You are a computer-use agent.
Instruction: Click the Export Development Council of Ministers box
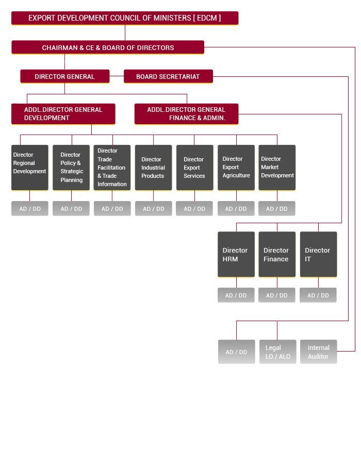[x=124, y=18]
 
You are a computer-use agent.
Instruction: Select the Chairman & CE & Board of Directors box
[x=108, y=47]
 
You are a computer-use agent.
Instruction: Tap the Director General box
[x=64, y=76]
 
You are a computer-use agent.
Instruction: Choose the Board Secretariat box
[x=168, y=76]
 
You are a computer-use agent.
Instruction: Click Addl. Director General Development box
[x=63, y=114]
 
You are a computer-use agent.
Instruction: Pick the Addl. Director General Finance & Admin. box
[x=186, y=114]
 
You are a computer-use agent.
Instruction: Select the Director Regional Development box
[x=29, y=168]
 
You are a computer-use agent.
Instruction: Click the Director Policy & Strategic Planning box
[x=71, y=168]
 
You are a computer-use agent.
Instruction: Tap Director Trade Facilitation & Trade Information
[x=112, y=168]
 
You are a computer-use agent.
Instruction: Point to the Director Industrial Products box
[x=153, y=168]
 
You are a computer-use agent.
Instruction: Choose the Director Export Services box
[x=194, y=168]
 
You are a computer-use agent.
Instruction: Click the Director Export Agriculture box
[x=236, y=168]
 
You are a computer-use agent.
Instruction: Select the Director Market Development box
[x=277, y=168]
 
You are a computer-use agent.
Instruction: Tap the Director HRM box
[x=236, y=254]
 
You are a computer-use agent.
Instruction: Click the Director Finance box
[x=277, y=254]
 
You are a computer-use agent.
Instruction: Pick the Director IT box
[x=318, y=254]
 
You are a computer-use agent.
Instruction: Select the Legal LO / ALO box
[x=277, y=352]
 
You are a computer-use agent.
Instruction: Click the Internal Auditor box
[x=318, y=352]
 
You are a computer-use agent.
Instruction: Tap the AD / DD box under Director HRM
[x=236, y=295]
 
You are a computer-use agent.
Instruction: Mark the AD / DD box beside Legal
[x=236, y=352]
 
